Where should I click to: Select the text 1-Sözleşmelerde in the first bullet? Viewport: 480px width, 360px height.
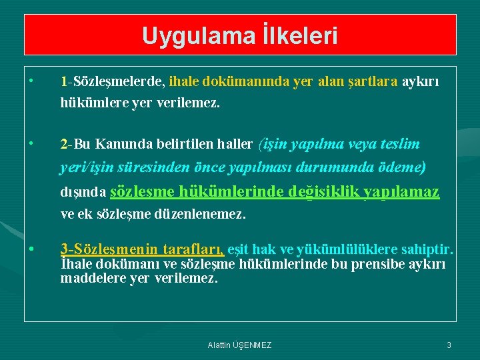click(112, 82)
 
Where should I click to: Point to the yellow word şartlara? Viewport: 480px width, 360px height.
click(373, 82)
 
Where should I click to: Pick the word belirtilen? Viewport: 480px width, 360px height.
click(175, 144)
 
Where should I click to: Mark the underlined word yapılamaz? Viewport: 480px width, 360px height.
click(407, 192)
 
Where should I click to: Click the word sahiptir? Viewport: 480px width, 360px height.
click(430, 250)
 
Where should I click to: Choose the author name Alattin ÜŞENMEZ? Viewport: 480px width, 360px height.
click(240, 345)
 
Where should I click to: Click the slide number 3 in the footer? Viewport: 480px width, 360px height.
click(449, 345)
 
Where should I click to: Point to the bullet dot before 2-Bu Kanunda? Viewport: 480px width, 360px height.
click(31, 143)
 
